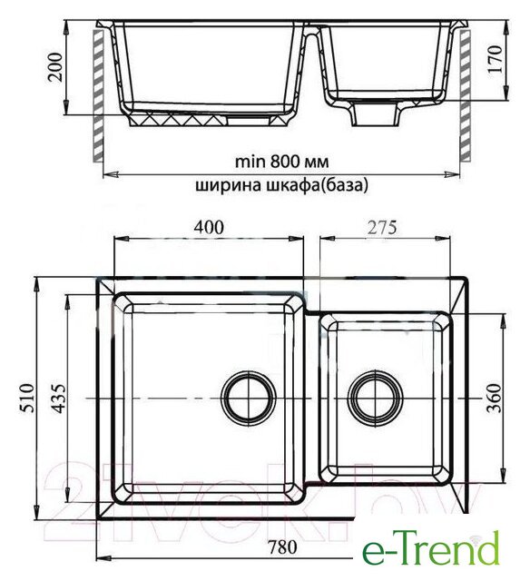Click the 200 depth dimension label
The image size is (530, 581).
55,67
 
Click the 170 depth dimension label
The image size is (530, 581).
496,59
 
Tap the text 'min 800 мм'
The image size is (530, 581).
282,162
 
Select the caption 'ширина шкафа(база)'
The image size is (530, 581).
282,185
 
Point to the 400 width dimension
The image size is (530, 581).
209,227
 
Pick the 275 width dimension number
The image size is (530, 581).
382,227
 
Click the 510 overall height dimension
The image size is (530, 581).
26,398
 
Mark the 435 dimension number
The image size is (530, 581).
58,398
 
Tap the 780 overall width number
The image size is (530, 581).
282,547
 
